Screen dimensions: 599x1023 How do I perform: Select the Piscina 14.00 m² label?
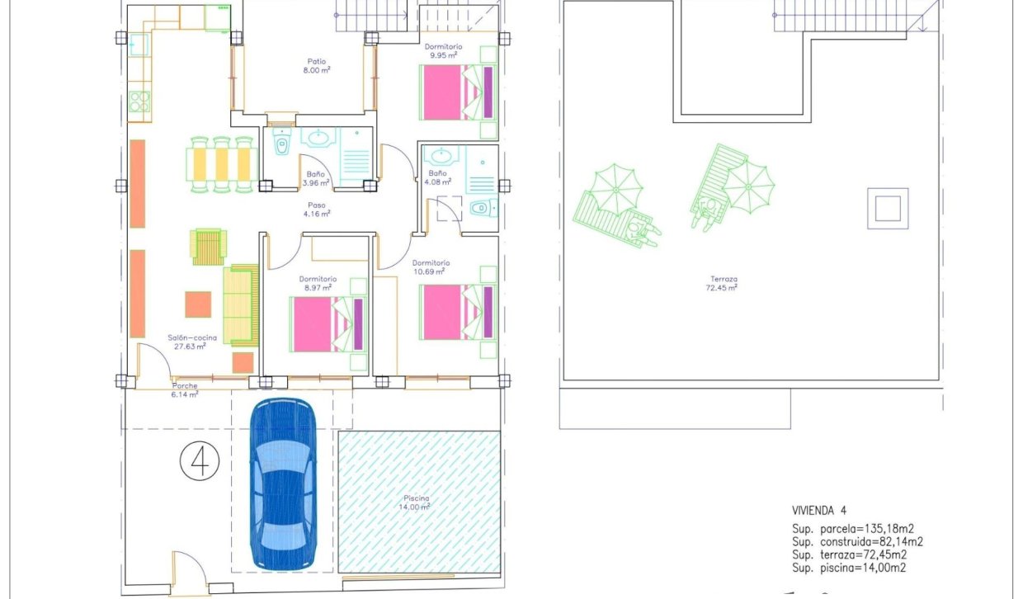coord(417,502)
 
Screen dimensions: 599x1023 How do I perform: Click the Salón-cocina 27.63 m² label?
coord(186,342)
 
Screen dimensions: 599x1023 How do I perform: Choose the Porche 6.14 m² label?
coord(185,390)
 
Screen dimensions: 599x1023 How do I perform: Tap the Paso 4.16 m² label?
coord(317,210)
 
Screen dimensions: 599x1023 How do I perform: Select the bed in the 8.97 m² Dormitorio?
coord(328,323)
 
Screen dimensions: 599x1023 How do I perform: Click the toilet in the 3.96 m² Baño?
coord(281,144)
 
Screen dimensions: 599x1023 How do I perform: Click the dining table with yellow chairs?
coord(219,163)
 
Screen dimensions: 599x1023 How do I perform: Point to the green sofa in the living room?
coord(240,304)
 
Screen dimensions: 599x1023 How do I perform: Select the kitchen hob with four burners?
coord(139,102)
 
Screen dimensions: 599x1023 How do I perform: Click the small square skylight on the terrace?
coord(887,209)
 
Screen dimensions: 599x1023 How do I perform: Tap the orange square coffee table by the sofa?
coord(198,304)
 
